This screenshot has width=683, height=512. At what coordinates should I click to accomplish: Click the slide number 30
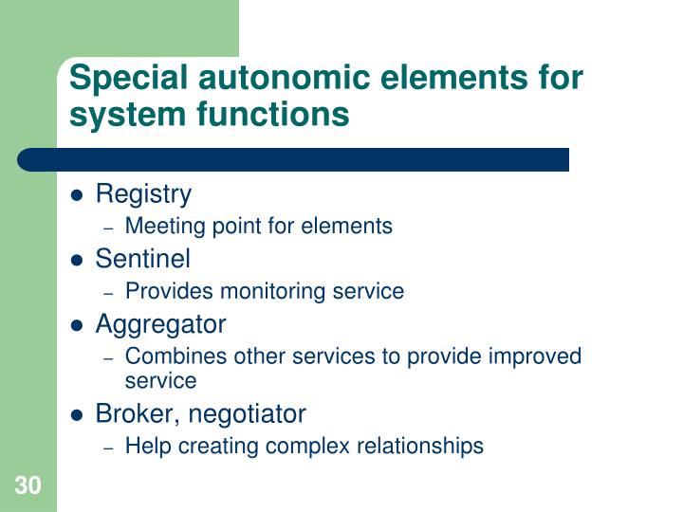28,486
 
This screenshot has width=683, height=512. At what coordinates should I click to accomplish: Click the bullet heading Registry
143,194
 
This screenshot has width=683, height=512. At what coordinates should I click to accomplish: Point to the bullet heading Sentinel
143,259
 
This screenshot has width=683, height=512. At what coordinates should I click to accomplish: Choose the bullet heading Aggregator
160,323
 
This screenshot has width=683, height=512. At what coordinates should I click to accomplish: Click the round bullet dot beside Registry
79,196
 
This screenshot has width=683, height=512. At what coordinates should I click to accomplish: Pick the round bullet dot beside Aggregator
79,325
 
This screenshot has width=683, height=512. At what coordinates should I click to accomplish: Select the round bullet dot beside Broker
79,415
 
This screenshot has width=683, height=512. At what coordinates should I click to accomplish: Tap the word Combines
167,357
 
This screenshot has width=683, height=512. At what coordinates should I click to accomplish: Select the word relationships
423,446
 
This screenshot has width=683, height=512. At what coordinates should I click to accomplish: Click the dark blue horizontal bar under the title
294,159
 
